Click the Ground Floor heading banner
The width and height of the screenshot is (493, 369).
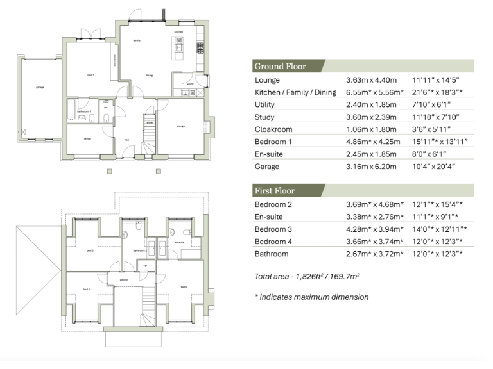click(x=281, y=66)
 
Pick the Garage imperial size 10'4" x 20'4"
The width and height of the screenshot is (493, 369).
click(x=437, y=167)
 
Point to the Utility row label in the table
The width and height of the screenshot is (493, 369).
click(x=266, y=105)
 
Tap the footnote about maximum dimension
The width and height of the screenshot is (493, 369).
click(x=311, y=297)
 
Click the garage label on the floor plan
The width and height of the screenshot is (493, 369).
click(x=40, y=87)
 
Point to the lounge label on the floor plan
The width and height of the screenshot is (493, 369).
click(x=181, y=126)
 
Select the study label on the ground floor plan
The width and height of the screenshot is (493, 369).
click(x=87, y=138)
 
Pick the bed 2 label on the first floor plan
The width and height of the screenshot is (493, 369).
click(x=184, y=287)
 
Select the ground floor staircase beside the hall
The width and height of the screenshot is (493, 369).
click(x=148, y=136)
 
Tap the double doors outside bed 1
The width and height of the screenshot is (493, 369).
click(x=94, y=33)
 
